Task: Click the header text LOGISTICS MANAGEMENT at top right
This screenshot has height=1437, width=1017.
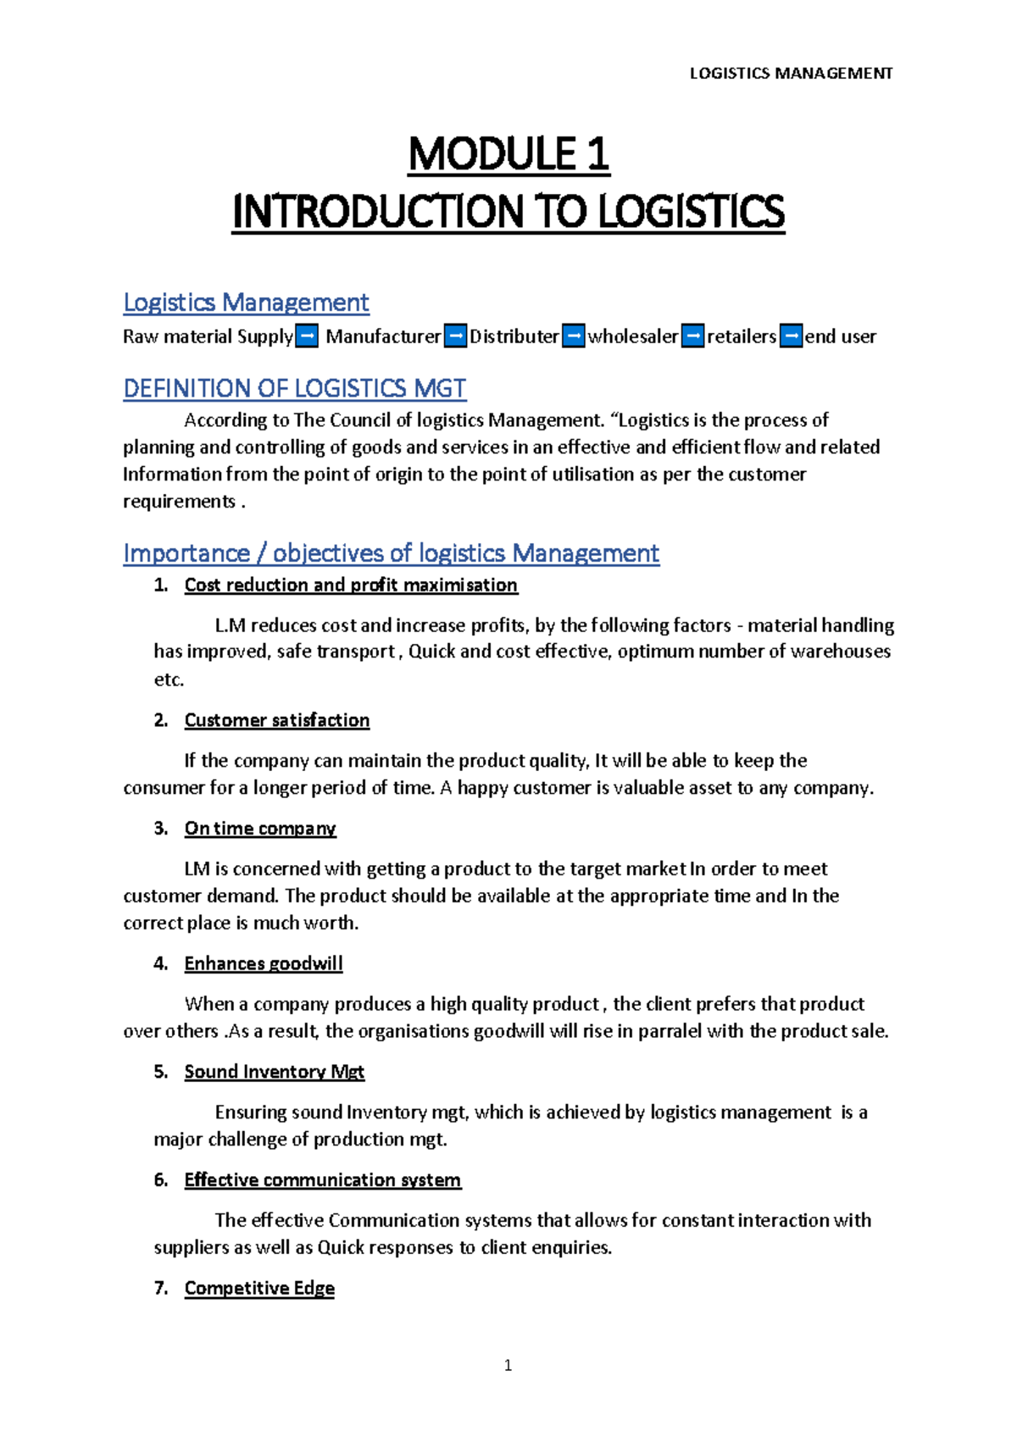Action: (x=790, y=74)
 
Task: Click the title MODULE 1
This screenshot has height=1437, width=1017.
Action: (x=508, y=155)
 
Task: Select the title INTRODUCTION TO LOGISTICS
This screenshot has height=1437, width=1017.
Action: (x=508, y=212)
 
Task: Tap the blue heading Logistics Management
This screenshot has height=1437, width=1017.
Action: (x=246, y=302)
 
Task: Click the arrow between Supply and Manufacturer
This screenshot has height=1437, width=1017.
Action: (x=307, y=336)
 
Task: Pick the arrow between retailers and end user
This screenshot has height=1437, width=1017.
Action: (x=791, y=336)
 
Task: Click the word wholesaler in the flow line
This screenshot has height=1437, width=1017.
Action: (x=633, y=336)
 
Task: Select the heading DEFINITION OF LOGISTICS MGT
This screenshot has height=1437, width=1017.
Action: (x=294, y=388)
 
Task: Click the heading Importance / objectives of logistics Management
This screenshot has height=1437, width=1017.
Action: (x=391, y=553)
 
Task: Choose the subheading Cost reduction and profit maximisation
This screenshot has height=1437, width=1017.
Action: (x=351, y=585)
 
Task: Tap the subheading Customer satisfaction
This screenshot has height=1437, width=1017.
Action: (x=277, y=720)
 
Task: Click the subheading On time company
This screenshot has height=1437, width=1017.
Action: (x=260, y=829)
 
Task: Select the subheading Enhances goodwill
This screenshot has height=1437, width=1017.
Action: (x=264, y=963)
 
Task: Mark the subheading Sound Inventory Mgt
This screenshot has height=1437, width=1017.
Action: (x=274, y=1072)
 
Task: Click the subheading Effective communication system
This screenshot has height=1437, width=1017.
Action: (x=322, y=1180)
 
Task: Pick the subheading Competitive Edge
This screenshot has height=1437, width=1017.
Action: (x=259, y=1288)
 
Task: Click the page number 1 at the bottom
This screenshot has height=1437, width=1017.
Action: (x=508, y=1365)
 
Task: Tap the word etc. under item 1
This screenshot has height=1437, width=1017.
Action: (x=169, y=680)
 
